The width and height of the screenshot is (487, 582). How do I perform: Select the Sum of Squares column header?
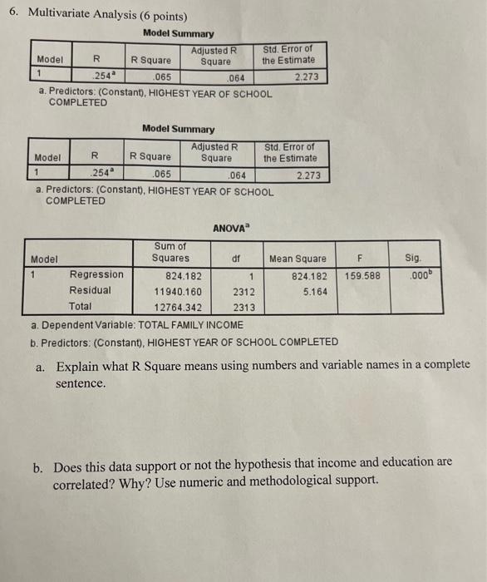(170, 252)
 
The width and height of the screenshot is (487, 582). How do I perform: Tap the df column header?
(236, 259)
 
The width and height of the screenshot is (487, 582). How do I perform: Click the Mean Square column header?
(298, 259)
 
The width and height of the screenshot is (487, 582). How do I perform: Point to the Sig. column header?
(413, 259)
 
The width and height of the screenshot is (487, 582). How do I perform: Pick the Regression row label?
(96, 274)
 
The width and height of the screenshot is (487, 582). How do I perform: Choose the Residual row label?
(91, 291)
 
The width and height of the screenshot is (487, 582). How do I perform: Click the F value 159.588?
(362, 275)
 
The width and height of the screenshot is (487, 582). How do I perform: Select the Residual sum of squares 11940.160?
(178, 292)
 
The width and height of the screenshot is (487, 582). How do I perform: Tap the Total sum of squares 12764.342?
(178, 308)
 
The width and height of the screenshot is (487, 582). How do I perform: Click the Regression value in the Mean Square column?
(307, 275)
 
